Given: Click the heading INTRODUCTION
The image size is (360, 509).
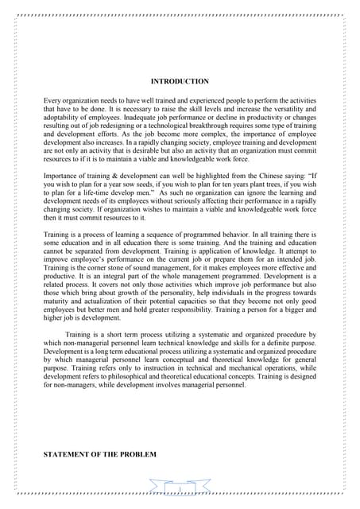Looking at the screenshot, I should (179, 81).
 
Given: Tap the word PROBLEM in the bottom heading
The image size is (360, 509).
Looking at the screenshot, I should (137, 454).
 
